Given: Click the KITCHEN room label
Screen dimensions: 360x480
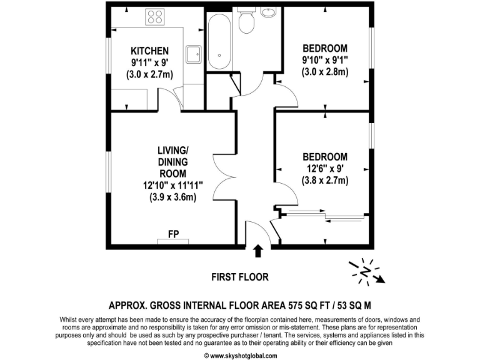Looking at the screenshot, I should point(149,51).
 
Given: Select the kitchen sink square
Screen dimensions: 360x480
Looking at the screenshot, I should point(193,52).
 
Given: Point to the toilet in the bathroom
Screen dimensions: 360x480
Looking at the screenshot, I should point(246,20).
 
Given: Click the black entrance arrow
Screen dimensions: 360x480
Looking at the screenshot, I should point(257,251).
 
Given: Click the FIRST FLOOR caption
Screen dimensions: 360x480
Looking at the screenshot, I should point(240,277).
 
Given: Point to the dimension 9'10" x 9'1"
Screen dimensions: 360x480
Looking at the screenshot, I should point(325,61).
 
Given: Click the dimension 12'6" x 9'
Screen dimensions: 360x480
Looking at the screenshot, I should point(325,169).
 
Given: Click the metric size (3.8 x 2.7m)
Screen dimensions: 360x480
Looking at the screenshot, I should point(325,181).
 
